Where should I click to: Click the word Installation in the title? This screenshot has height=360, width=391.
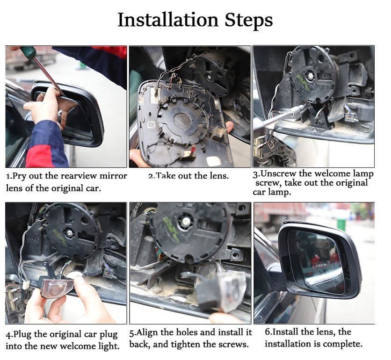tap(168, 20)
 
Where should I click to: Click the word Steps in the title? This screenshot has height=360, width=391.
tap(248, 20)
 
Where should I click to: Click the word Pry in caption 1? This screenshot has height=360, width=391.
tap(20, 176)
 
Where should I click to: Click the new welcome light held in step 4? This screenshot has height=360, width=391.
tap(58, 287)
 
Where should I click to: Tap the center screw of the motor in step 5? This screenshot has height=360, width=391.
tap(186, 220)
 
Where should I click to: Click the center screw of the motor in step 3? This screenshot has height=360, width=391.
tap(311, 75)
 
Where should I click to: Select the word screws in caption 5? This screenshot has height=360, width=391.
tap(233, 345)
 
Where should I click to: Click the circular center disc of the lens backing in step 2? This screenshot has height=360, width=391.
tap(182, 122)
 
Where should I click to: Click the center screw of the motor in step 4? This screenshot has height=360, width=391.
tap(70, 233)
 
